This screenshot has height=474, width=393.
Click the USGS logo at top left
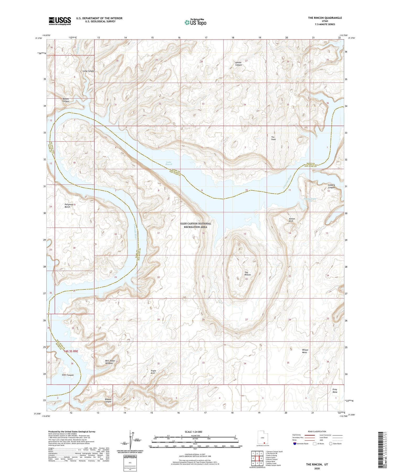tap(60, 21)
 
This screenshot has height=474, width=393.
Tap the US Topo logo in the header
tap(195, 22)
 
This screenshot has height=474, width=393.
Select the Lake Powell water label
tap(169, 163)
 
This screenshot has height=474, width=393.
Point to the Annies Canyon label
tap(238, 64)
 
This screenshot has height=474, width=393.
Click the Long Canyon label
tap(89, 71)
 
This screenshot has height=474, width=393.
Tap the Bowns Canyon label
tap(66, 100)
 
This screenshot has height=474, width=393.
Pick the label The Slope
tap(273, 138)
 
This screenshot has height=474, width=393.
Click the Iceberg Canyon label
tap(331, 186)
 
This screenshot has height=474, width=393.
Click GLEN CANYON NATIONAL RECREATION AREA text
tap(195, 225)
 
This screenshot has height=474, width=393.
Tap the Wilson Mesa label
tap(305, 351)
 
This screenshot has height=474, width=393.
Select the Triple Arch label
tap(153, 372)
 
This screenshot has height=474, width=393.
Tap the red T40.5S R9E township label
tap(70, 351)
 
